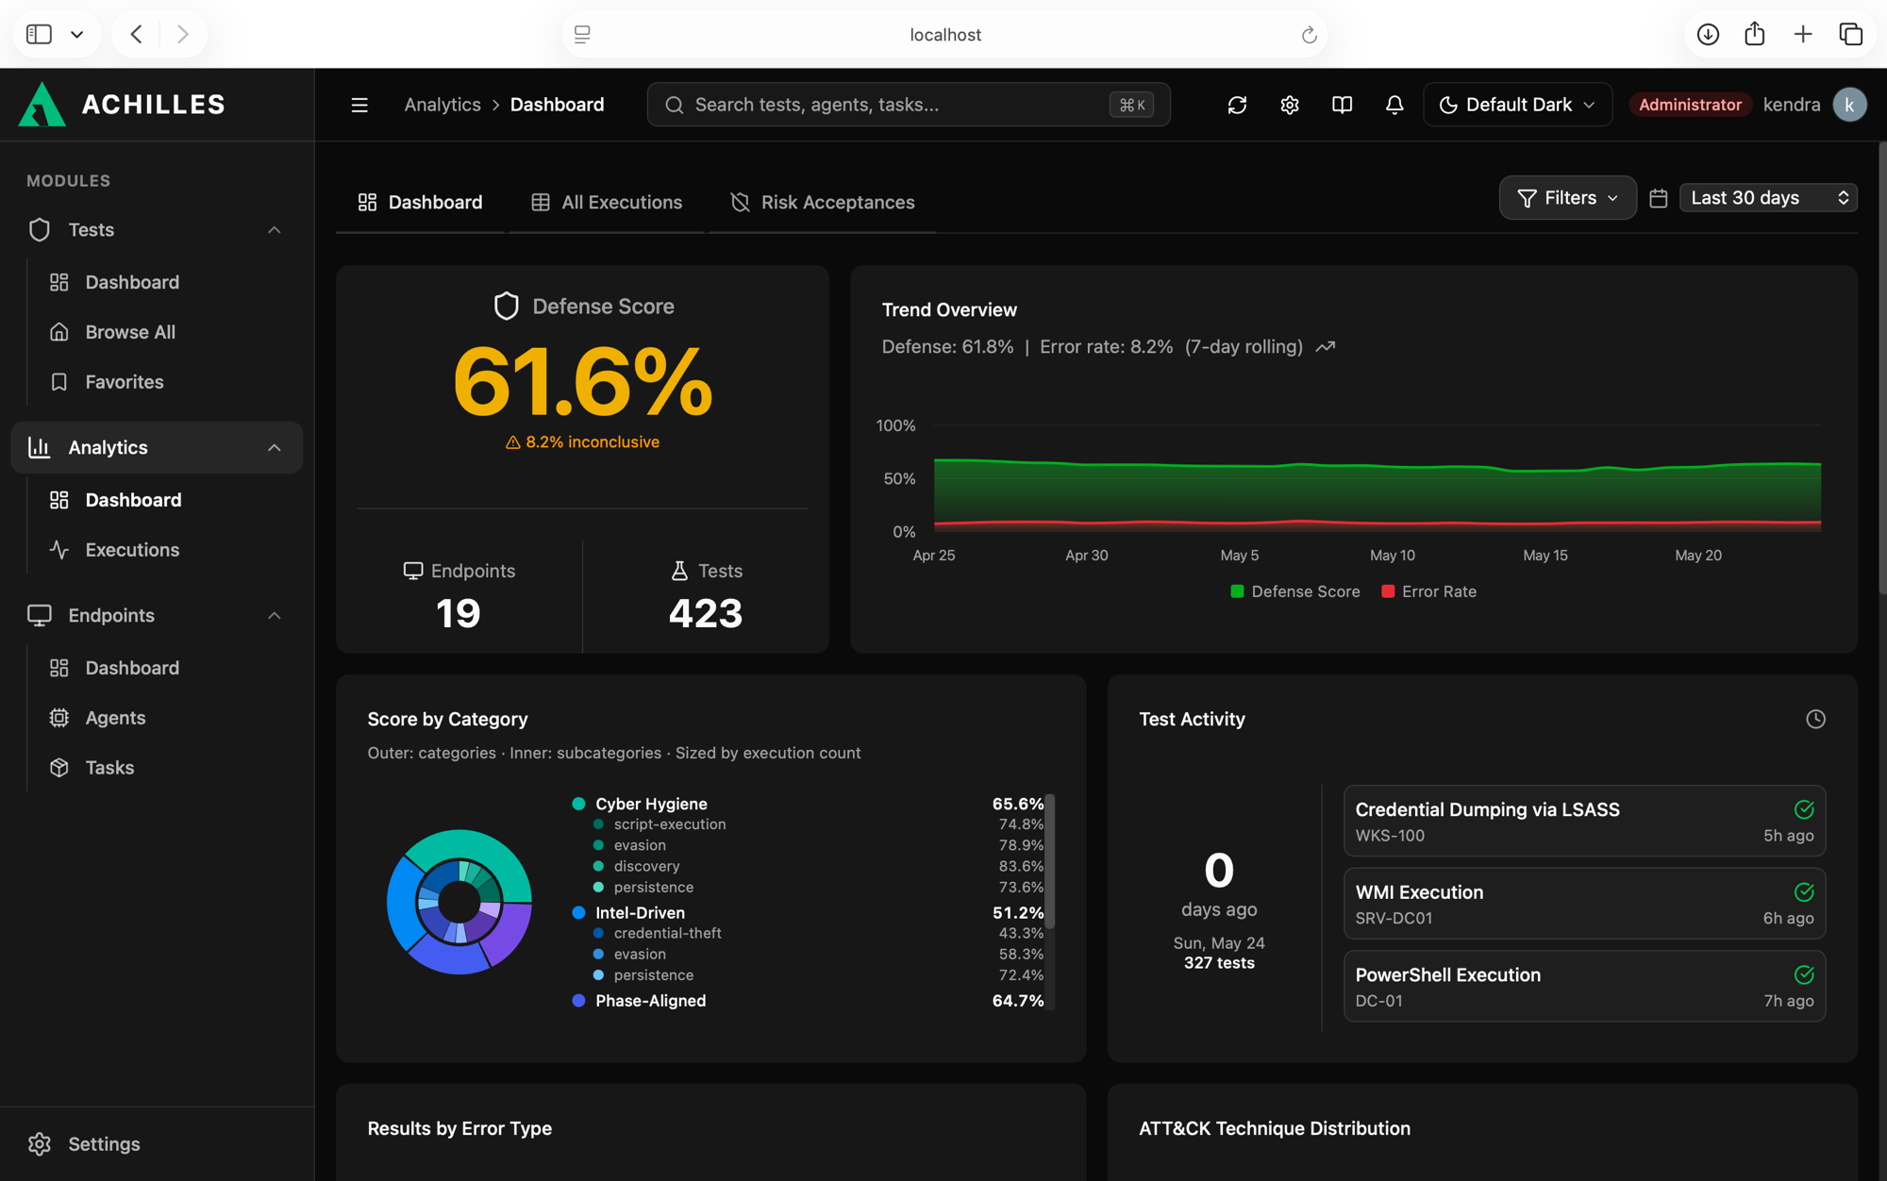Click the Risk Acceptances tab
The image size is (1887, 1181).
823,202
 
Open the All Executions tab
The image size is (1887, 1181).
607,202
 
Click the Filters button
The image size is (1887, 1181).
1567,198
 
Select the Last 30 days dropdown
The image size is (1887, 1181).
1768,198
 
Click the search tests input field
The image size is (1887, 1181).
909,105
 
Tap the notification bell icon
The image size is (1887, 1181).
1394,105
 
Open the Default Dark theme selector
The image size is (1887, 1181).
1517,105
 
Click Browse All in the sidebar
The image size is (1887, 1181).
130,332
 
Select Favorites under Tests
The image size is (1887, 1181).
125,382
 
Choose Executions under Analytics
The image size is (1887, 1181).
132,550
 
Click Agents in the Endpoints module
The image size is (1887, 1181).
115,718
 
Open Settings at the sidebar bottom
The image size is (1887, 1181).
104,1144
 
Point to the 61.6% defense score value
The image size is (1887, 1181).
583,381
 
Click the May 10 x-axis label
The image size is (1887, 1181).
1393,556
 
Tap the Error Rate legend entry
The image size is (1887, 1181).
1428,591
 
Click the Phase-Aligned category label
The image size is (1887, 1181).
650,1001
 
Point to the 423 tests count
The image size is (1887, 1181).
706,614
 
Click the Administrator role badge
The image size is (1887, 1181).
1690,105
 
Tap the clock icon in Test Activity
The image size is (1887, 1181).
1815,720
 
